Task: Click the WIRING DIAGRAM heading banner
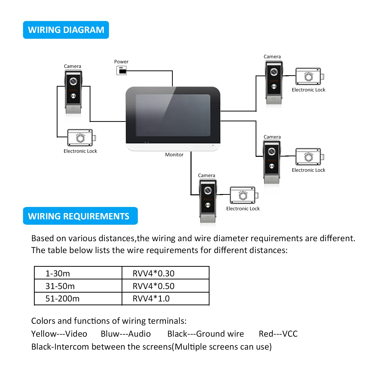[66, 30]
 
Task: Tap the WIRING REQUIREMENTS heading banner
[80, 216]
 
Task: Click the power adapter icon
[121, 70]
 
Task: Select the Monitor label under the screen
[174, 155]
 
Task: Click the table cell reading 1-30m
[78, 273]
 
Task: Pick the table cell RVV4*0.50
[165, 286]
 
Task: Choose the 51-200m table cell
[78, 298]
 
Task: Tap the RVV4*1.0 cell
[165, 298]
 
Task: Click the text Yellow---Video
[59, 334]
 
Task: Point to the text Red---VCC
[278, 334]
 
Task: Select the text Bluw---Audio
[126, 334]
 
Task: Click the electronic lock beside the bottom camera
[244, 195]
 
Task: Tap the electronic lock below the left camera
[82, 138]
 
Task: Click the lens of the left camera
[73, 81]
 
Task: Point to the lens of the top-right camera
[274, 72]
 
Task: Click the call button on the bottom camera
[208, 205]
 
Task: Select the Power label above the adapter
[121, 62]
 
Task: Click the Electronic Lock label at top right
[309, 90]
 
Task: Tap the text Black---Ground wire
[206, 334]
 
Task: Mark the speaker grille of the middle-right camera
[272, 179]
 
